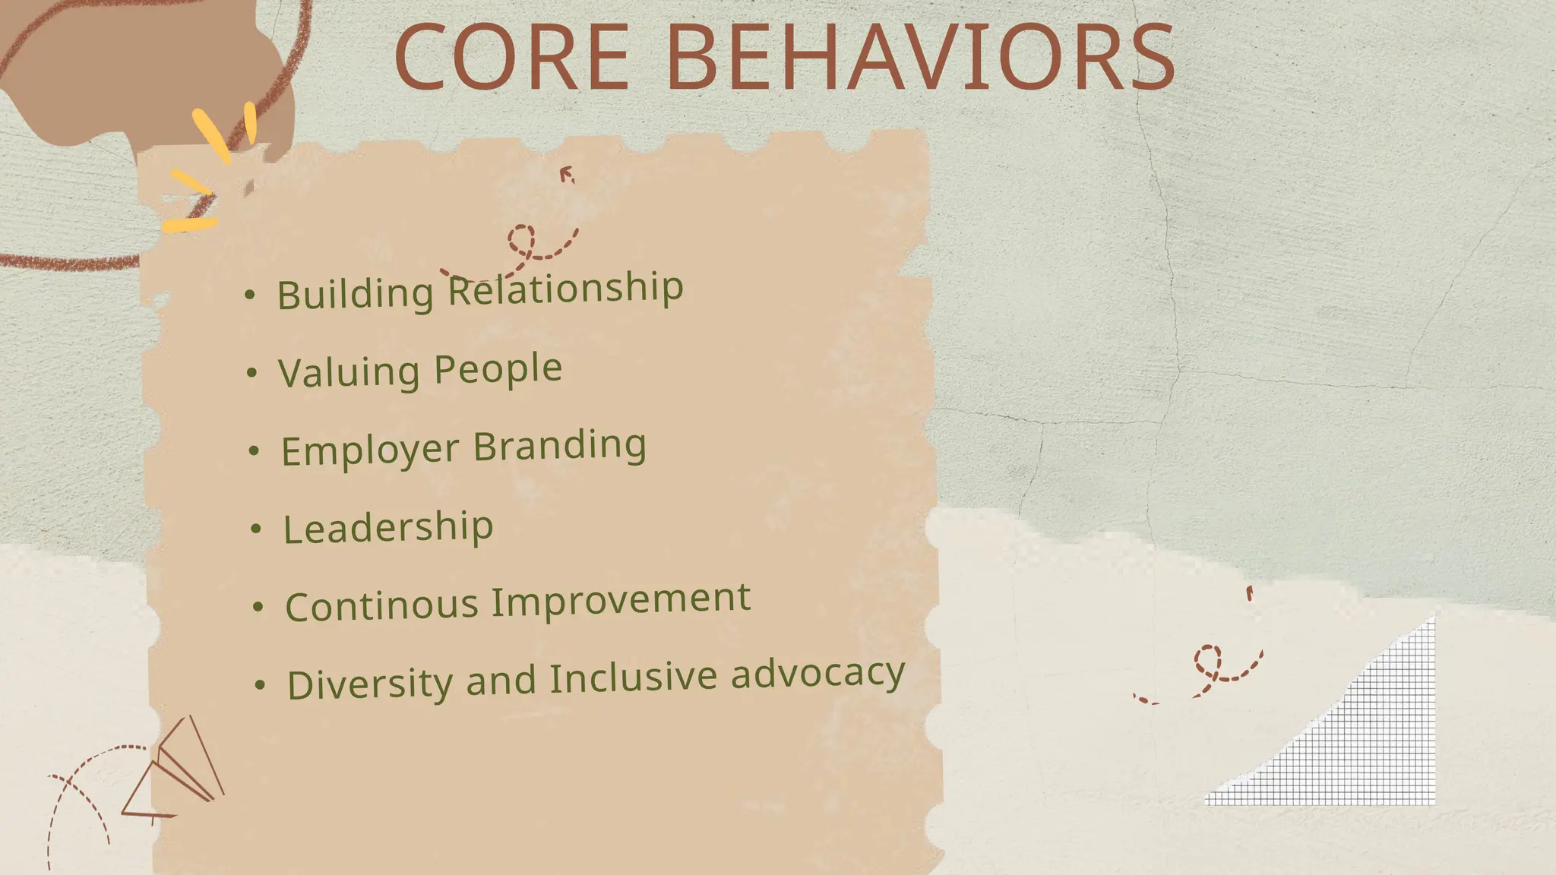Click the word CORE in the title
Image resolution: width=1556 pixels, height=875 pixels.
coord(511,58)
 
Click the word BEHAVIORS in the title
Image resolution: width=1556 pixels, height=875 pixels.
coord(921,58)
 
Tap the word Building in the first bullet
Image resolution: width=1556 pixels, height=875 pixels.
coord(355,293)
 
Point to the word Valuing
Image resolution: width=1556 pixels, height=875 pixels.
coord(349,372)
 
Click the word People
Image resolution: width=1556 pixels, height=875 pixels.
coord(498,368)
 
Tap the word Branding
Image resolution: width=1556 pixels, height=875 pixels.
coord(560,445)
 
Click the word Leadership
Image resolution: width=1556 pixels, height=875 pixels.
coord(388,527)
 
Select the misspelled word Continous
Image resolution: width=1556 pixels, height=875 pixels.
coord(381,606)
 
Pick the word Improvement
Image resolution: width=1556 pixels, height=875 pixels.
coord(621,600)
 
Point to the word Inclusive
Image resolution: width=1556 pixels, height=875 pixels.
coord(633,678)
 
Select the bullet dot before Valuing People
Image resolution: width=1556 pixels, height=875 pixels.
coord(252,373)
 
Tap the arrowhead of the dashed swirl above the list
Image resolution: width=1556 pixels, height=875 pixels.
coord(566,175)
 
